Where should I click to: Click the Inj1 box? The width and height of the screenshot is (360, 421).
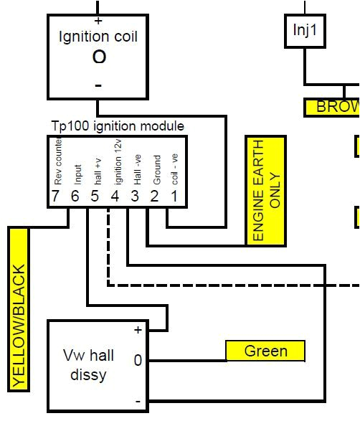point(304,31)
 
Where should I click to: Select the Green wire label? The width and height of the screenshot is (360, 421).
point(265,351)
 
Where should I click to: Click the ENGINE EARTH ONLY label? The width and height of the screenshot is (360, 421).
point(265,189)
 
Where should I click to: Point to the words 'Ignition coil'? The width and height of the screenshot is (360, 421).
point(98,37)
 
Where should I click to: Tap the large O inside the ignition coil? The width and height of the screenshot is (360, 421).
point(99,57)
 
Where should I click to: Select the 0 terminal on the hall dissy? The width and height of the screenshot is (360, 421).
point(137,361)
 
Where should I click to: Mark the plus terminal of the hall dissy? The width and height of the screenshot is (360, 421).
point(137,330)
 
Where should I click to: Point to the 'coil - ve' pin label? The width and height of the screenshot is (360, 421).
point(174,169)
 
